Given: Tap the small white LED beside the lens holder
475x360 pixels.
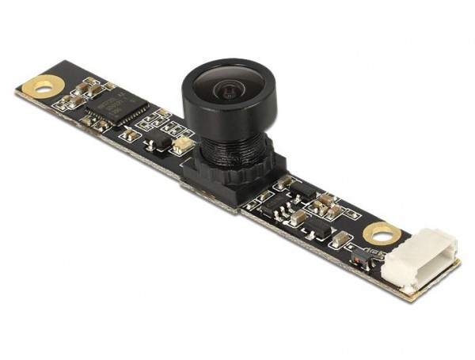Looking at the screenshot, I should coord(180,143).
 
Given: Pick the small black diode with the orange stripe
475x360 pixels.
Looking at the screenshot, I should coord(361,260).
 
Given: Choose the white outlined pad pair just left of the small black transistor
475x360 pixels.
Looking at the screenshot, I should coord(131,135).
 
